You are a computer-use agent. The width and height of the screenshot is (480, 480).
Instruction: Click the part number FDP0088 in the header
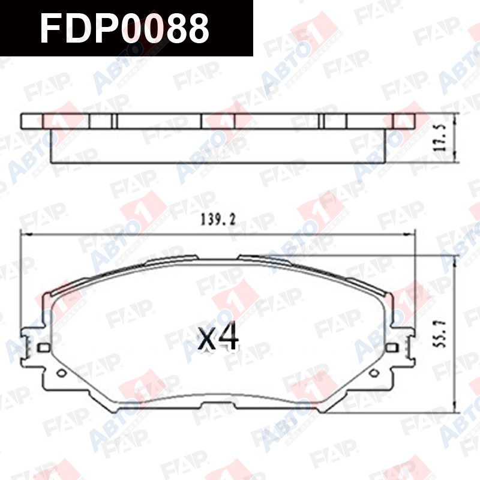(125, 29)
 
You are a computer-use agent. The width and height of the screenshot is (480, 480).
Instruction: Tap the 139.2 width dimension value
(218, 220)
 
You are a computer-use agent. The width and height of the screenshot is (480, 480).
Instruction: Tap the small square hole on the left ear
(43, 347)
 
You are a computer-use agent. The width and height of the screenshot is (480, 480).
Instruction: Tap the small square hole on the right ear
(392, 347)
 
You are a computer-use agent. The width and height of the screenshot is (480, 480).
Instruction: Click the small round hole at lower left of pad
(62, 373)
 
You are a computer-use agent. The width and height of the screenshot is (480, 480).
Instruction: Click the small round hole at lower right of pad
(374, 373)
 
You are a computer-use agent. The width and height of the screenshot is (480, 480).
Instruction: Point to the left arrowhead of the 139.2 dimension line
(24, 235)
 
